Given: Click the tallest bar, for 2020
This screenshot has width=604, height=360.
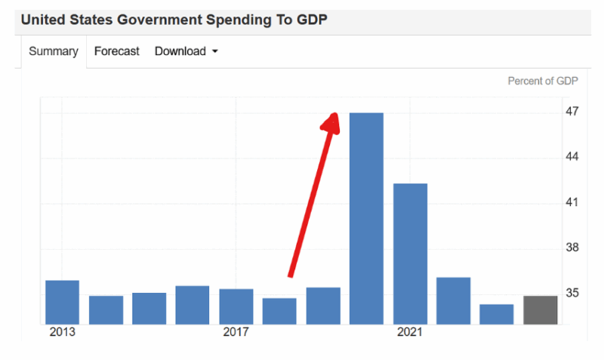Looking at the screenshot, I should coord(366,218).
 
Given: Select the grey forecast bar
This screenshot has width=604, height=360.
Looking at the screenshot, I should coord(541,310).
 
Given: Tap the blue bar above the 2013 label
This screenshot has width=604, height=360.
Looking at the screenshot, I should coord(63,302).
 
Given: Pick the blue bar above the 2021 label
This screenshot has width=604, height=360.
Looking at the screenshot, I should coord(410,254).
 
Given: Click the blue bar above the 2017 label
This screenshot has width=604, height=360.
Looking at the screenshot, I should coord(236,306).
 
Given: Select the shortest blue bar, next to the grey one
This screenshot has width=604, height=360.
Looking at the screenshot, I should coord(497,314).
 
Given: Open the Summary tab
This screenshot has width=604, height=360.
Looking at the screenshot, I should coord(54,51).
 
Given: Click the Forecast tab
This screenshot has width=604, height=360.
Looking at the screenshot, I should coord(117,51).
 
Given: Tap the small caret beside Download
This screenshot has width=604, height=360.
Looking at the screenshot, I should coord(215,52).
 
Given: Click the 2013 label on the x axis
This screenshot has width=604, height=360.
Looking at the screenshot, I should coord(63,332).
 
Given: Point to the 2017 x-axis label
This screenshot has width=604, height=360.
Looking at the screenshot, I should coord(236,332).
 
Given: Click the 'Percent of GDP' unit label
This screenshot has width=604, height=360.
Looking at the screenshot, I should coord(543,82).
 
